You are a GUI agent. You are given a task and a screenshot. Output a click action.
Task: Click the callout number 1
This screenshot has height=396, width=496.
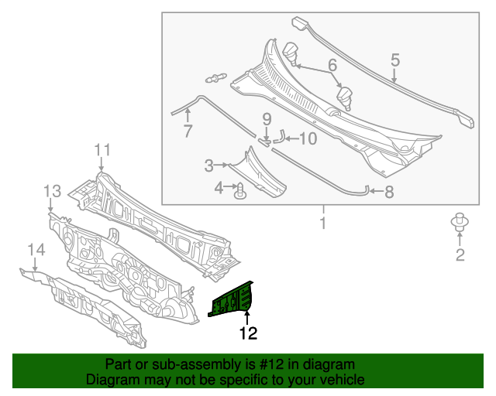(323, 224)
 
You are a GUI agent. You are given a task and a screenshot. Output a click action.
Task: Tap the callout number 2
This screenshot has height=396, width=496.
(460, 256)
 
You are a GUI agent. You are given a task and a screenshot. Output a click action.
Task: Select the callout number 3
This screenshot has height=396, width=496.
(209, 165)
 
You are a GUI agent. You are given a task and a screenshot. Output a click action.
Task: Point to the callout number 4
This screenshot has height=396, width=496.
(219, 187)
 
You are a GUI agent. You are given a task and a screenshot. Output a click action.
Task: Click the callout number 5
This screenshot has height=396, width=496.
(394, 60)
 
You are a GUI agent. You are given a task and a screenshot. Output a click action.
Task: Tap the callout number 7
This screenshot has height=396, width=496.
(188, 131)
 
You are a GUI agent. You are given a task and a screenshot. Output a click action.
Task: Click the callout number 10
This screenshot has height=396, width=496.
(308, 139)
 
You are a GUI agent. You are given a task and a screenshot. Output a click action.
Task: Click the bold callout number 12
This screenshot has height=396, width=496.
(247, 334)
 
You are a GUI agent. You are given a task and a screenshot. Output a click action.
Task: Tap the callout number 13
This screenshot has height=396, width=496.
(51, 191)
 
